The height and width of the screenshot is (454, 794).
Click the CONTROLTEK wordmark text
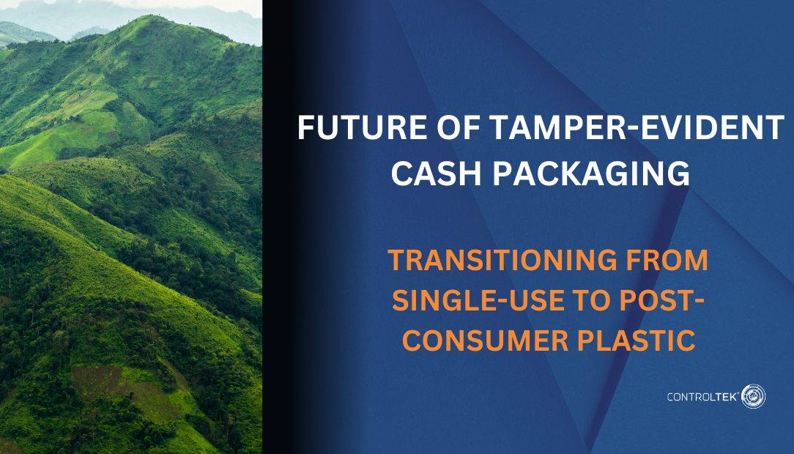tap(701, 397)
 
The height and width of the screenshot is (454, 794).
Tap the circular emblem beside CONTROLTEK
tap(753, 396)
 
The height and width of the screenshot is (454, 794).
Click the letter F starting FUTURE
tap(305, 129)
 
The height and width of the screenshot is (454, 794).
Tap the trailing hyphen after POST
tap(699, 302)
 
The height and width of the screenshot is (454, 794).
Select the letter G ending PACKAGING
tap(678, 174)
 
